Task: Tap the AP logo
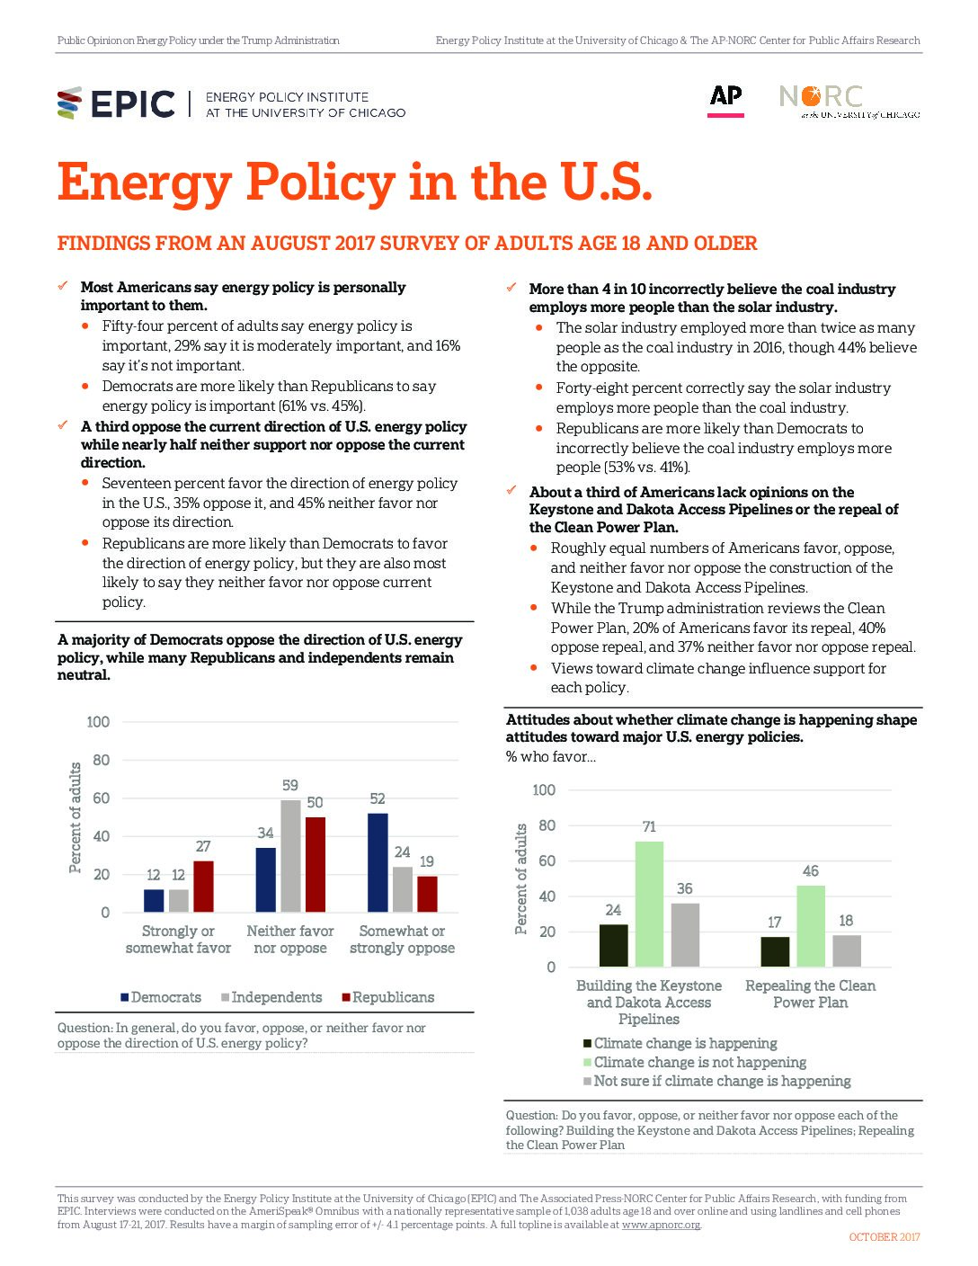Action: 725,101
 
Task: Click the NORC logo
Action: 849,102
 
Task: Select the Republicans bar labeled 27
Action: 203,887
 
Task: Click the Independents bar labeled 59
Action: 290,856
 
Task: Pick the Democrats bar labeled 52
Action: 378,863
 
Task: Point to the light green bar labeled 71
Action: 649,904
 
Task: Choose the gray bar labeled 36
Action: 685,935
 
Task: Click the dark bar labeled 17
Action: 775,951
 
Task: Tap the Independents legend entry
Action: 271,997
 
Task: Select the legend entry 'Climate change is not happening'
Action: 695,1062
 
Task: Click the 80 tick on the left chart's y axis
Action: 101,760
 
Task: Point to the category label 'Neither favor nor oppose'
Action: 290,939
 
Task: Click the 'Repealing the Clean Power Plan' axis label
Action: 810,994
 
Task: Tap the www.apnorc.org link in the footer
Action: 661,1224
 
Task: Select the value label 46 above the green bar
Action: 810,871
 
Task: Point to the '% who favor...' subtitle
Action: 550,757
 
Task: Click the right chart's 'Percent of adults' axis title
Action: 520,878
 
